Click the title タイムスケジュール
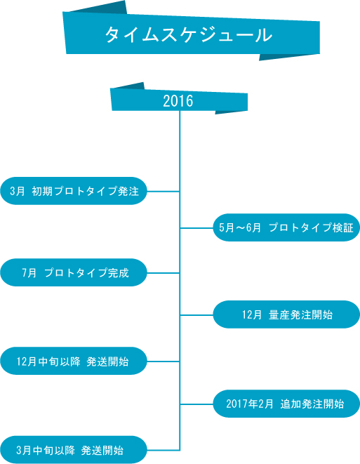pos(189,35)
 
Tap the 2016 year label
pos(178,101)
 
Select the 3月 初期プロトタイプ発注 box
pos(74,191)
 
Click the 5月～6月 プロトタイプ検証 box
pos(286,227)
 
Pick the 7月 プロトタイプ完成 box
pos(74,272)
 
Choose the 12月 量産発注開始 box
pos(286,314)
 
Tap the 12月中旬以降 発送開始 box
pos(74,361)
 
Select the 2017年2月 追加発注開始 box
pos(286,404)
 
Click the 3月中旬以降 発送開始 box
pos(74,450)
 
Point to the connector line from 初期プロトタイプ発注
pos(164,192)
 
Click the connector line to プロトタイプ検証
pos(196,228)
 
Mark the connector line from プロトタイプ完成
pos(164,273)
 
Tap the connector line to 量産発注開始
pos(196,315)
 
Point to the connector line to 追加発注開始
pos(196,404)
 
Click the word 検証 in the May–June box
pos(343,228)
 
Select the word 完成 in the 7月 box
pos(119,273)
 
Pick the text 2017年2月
pos(250,404)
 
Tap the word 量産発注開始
pos(301,315)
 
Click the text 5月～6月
pos(240,228)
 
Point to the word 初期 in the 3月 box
pos(42,191)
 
